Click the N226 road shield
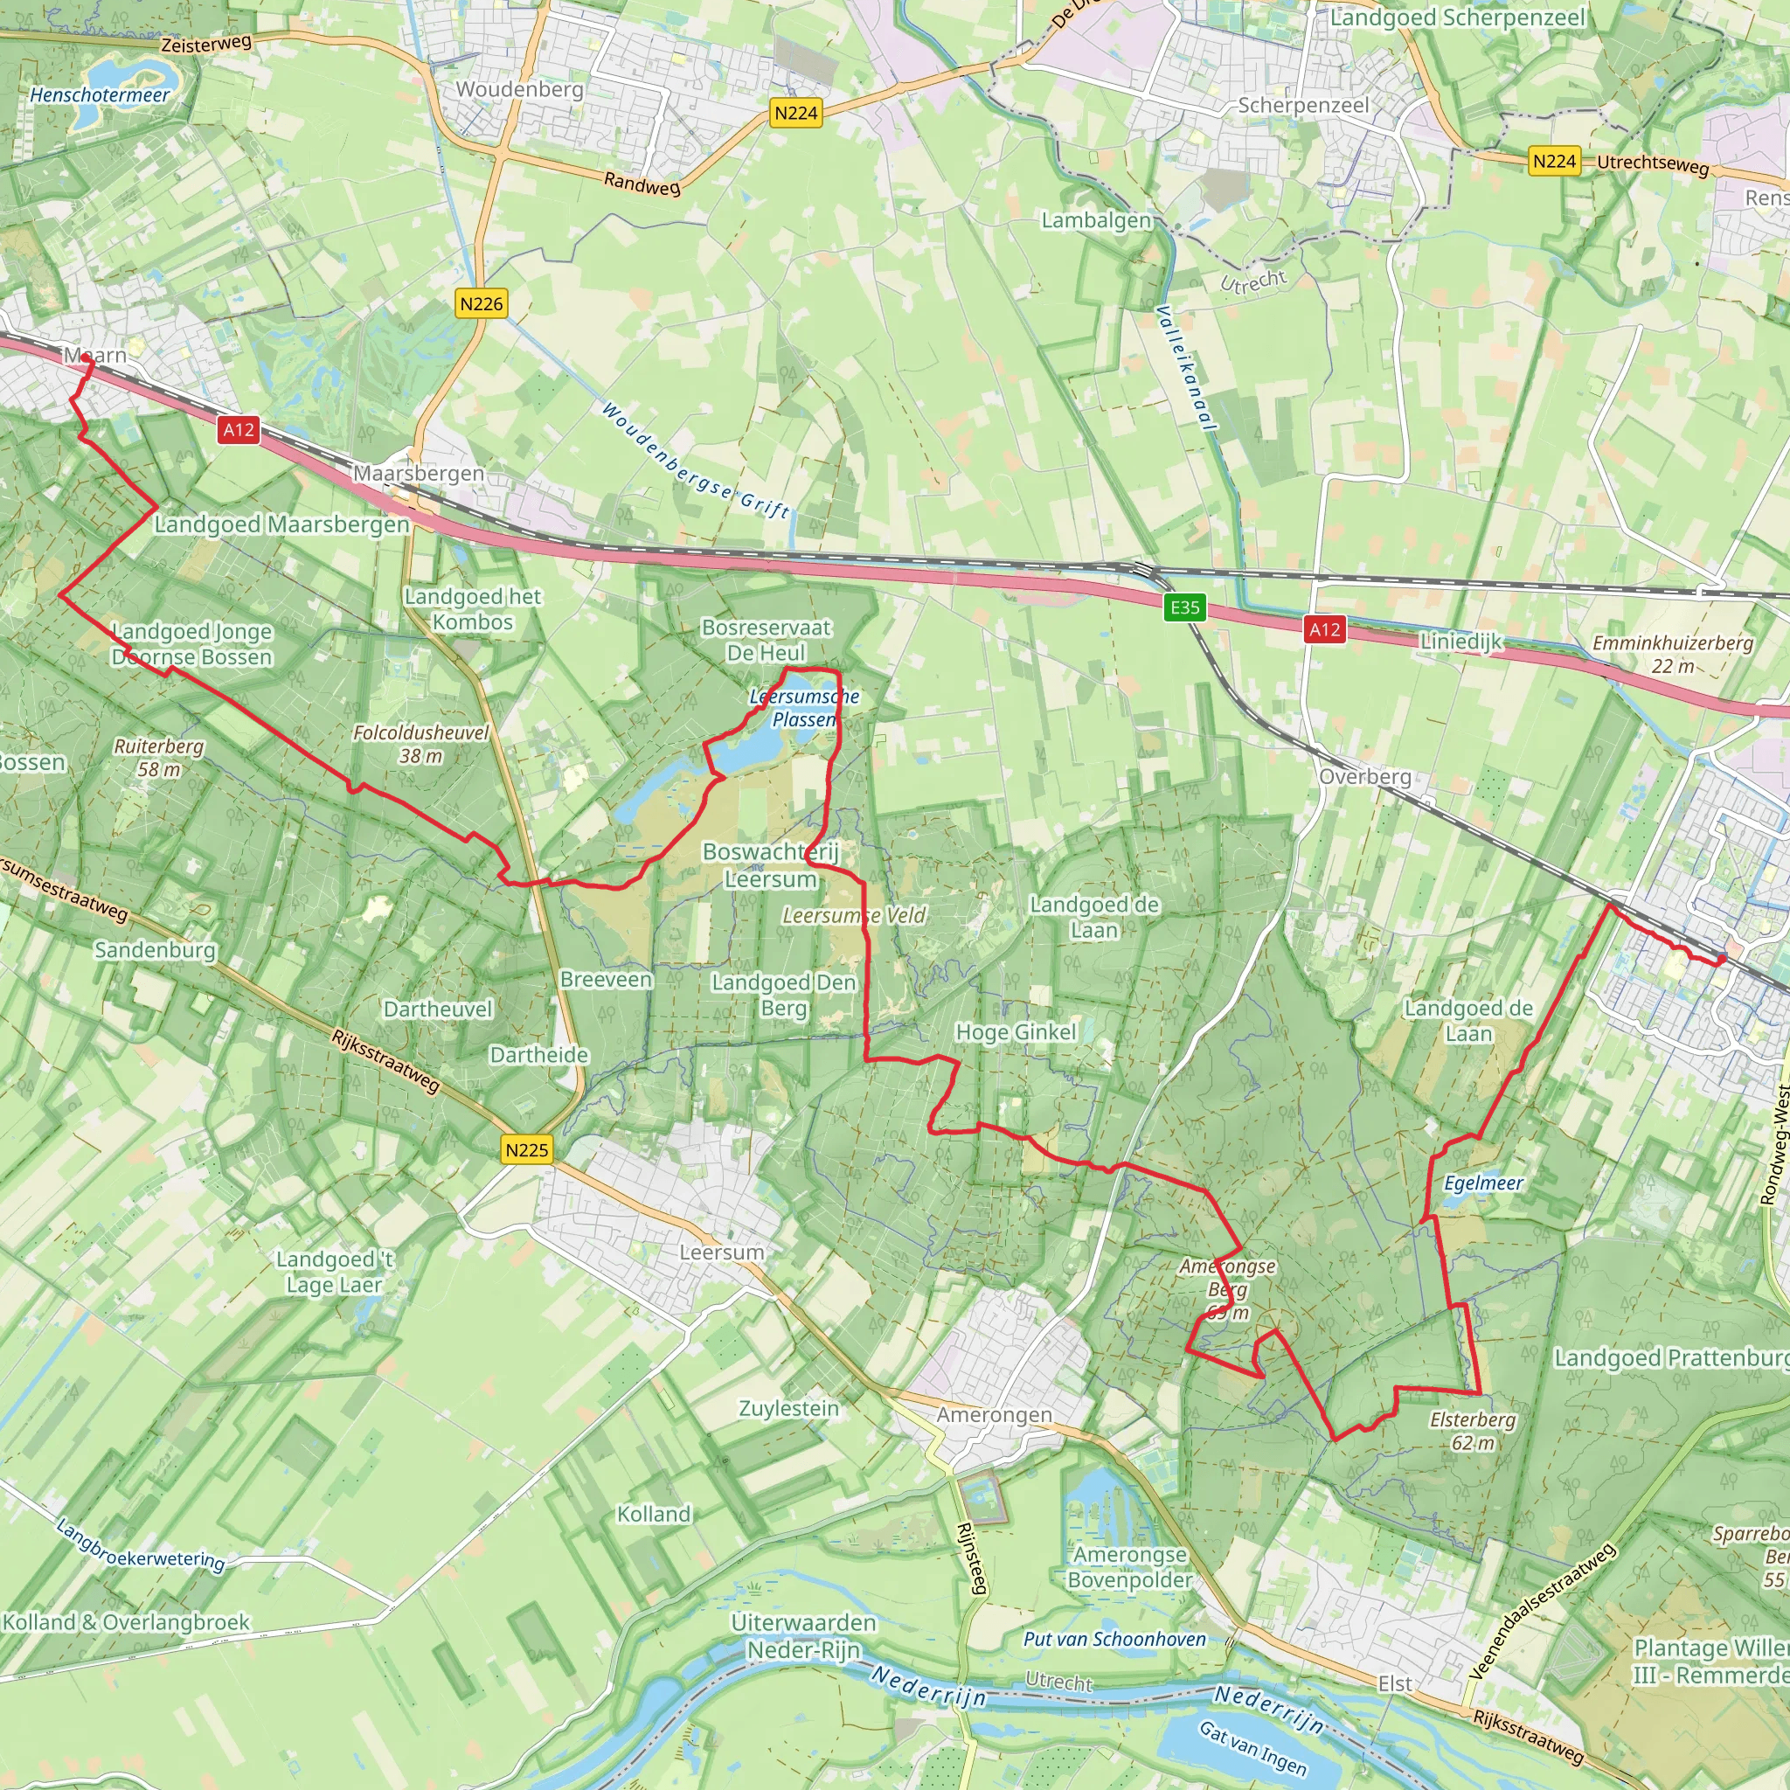coord(482,304)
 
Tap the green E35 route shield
coord(1185,607)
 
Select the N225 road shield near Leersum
coord(527,1150)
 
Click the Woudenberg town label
coord(520,90)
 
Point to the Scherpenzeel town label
coord(1302,106)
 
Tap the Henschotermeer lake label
coord(100,94)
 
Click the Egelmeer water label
coord(1483,1183)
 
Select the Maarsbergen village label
coord(419,474)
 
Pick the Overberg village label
coord(1364,776)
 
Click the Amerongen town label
coord(994,1416)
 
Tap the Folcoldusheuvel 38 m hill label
coord(421,744)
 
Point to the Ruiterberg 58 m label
coord(159,758)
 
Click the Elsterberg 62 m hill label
coord(1472,1432)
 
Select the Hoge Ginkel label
coord(1016,1032)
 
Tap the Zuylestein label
coord(788,1408)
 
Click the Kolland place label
coord(654,1514)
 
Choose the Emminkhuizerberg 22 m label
coord(1672,654)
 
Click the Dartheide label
coord(539,1055)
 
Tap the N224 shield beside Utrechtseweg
coord(1554,161)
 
